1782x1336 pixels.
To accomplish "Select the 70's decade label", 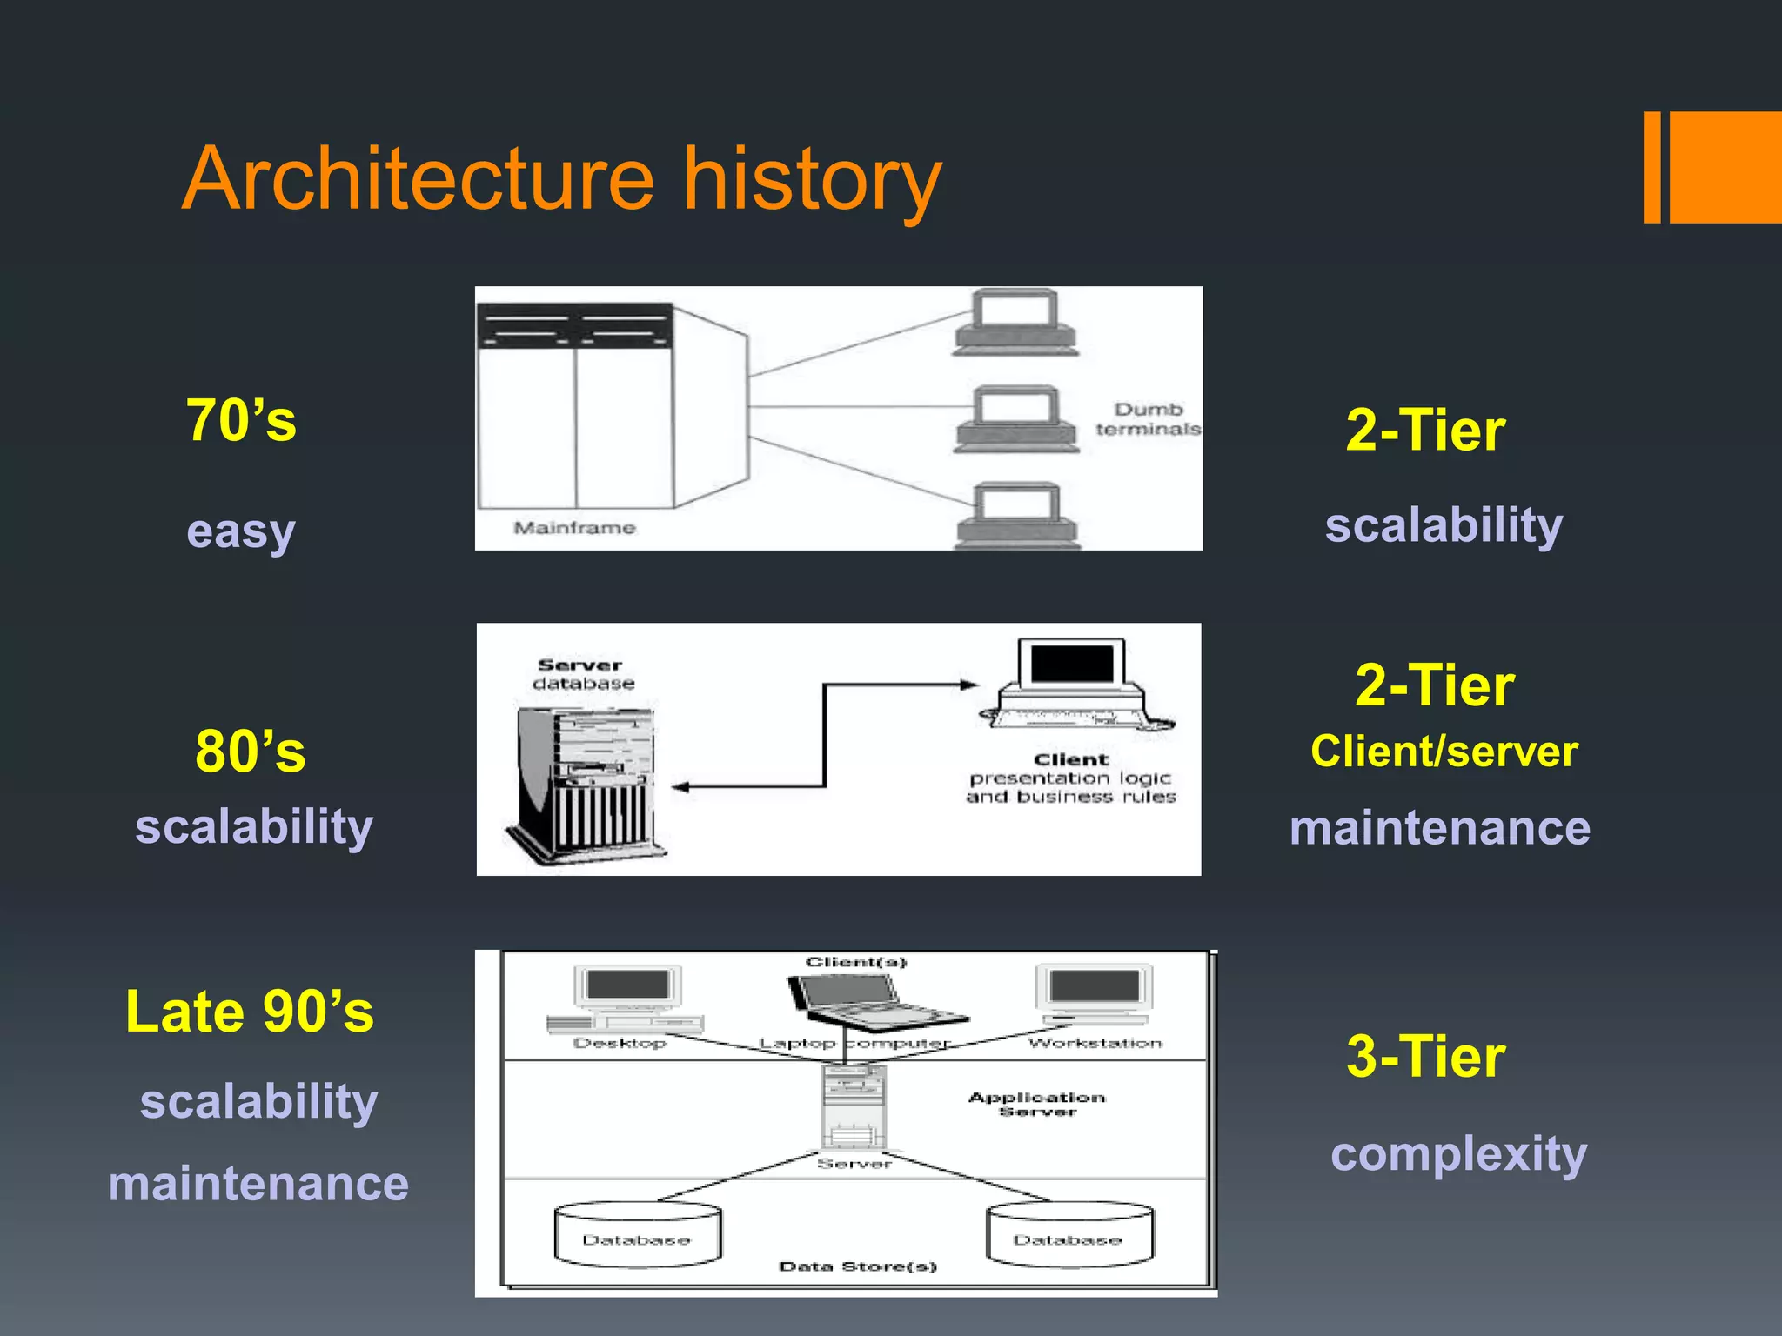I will (x=241, y=421).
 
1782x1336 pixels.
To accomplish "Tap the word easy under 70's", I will (x=241, y=531).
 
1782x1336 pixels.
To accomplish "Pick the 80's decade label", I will (x=251, y=751).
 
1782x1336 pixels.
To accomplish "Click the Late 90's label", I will (x=250, y=1012).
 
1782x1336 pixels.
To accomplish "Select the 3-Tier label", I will (x=1425, y=1058).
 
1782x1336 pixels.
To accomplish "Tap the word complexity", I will (x=1458, y=1155).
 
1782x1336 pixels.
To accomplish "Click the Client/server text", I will (x=1444, y=751).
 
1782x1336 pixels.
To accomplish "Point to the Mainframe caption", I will (x=574, y=528).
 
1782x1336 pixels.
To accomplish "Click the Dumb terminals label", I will (x=1148, y=419).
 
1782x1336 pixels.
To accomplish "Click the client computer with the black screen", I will (x=1074, y=684).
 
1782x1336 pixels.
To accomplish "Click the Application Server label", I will (x=1037, y=1104).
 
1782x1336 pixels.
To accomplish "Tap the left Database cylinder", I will (x=637, y=1233).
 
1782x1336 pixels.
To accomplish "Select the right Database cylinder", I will (x=1069, y=1233).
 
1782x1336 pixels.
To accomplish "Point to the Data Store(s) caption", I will (x=857, y=1266).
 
